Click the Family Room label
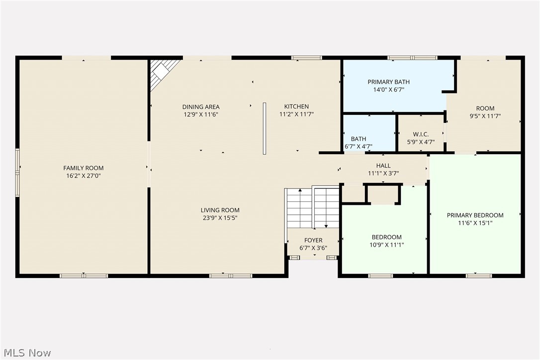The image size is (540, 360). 83,168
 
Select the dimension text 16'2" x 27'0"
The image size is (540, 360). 83,176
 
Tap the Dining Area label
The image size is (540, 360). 201,107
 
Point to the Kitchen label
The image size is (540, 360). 296,106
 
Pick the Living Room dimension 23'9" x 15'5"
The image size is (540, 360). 220,217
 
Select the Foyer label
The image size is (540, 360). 313,240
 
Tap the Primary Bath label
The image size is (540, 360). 389,82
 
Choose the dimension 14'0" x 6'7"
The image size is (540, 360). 389,90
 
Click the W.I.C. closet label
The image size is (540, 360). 421,134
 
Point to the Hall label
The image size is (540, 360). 383,166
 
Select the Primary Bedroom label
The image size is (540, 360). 475,215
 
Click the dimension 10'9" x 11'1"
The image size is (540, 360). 386,245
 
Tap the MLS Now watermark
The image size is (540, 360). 26,353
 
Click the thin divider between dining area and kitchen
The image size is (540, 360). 265,128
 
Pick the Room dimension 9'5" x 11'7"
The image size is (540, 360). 485,116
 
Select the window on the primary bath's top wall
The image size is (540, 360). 412,58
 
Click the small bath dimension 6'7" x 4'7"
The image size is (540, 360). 359,147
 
